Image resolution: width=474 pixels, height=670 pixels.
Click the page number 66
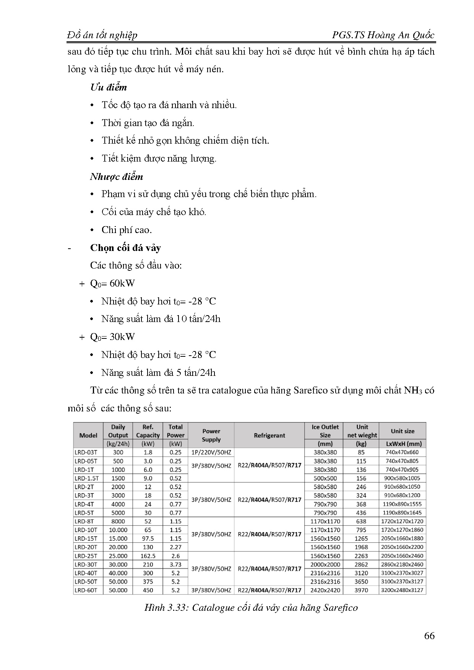point(429,636)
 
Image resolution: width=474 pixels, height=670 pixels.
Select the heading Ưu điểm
point(108,87)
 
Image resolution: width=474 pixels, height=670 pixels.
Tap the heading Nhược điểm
point(117,177)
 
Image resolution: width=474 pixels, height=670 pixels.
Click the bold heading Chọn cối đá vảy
point(125,248)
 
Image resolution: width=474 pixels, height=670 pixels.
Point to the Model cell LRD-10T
point(86,530)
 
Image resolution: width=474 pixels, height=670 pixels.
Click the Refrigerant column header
point(269,435)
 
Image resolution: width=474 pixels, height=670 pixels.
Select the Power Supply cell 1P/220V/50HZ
point(211,452)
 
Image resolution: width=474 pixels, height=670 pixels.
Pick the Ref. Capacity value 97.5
point(148,539)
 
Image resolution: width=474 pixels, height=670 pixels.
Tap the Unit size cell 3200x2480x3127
point(403,590)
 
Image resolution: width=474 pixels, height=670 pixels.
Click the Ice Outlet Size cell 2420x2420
point(325,590)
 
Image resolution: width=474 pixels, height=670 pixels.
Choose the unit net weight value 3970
point(361,590)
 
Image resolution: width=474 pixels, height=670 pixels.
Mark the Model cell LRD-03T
point(86,452)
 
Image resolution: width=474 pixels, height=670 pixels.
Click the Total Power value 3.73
point(175,565)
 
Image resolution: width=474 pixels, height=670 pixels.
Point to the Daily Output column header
point(118,431)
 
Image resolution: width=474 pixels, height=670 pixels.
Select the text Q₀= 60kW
point(112,283)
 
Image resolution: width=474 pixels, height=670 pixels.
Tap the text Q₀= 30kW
point(112,337)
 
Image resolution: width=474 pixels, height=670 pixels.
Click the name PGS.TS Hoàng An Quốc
point(383,35)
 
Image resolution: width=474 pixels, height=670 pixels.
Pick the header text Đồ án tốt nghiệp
point(102,35)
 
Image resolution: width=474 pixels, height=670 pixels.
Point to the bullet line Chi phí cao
point(127,230)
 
